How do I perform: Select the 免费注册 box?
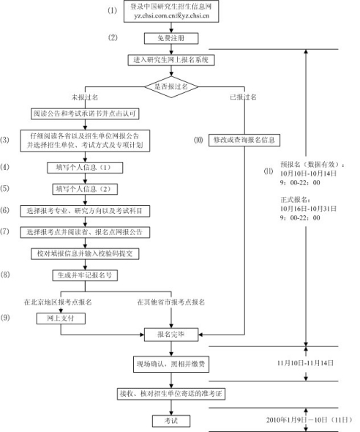pyautogui.click(x=170, y=37)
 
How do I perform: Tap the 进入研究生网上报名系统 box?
pyautogui.click(x=170, y=59)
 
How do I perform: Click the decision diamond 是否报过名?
pyautogui.click(x=170, y=86)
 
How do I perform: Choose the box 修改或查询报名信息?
pyautogui.click(x=245, y=139)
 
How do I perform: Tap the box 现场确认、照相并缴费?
pyautogui.click(x=170, y=362)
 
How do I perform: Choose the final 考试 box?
pyautogui.click(x=170, y=420)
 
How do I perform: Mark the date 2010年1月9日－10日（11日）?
pyautogui.click(x=307, y=420)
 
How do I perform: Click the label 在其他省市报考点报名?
pyautogui.click(x=170, y=302)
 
